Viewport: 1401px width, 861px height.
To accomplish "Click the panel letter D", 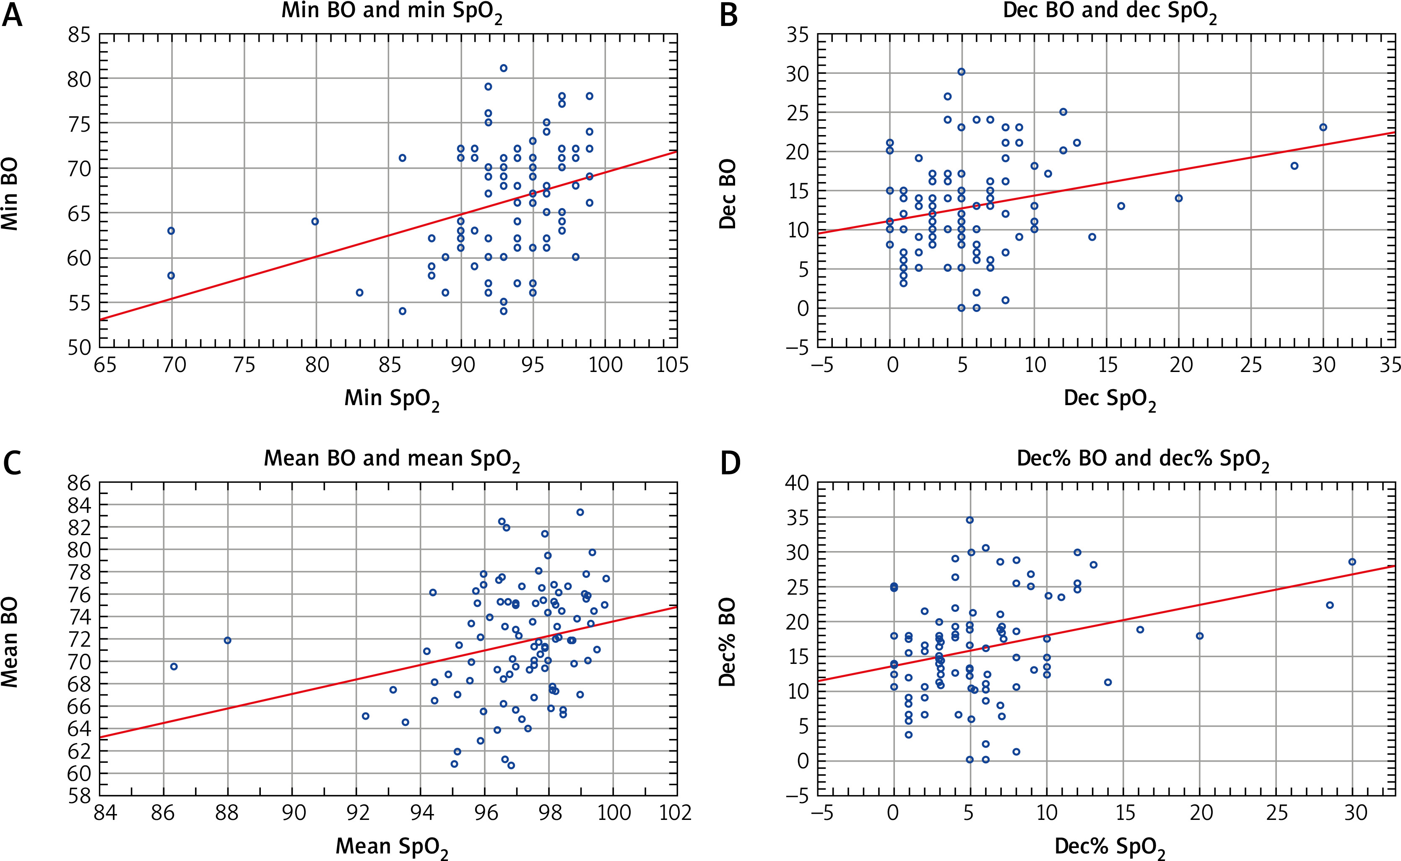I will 730,463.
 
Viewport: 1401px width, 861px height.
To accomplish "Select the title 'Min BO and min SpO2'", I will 392,13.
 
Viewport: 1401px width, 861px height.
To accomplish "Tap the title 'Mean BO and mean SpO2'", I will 392,460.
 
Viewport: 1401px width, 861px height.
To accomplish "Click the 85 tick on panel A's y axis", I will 79,35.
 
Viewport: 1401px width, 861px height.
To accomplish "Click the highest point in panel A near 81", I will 504,68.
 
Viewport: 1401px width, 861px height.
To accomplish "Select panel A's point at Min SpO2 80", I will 315,221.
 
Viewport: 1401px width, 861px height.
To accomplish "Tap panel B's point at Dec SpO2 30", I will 1323,127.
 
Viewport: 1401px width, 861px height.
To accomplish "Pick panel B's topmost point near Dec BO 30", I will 962,72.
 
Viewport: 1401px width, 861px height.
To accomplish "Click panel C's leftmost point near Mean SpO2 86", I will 174,666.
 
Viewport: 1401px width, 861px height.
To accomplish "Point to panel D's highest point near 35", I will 970,520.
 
